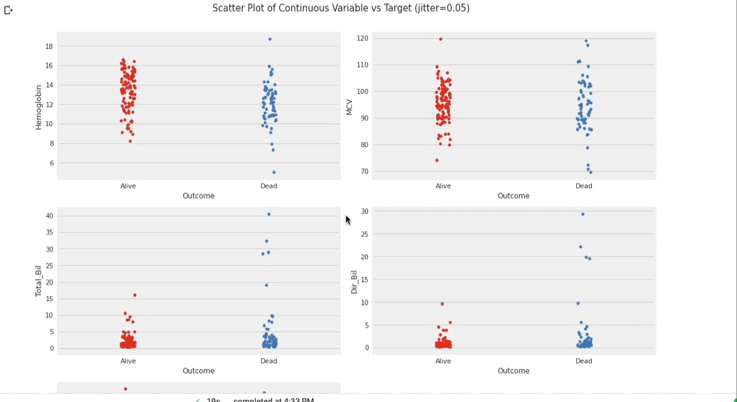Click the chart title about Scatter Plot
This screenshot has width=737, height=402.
[340, 8]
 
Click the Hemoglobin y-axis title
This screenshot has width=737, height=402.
[39, 107]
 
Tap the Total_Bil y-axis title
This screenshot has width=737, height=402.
[39, 281]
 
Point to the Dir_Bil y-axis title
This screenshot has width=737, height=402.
[354, 281]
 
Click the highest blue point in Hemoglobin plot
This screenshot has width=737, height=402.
[270, 40]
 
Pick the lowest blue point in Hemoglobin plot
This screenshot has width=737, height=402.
[274, 172]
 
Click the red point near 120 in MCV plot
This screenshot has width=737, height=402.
[440, 39]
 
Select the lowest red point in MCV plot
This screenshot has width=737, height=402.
[437, 160]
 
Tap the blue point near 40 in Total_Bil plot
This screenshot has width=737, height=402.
[269, 214]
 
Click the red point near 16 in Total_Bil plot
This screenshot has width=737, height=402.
[135, 295]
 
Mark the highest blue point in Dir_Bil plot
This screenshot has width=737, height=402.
[583, 214]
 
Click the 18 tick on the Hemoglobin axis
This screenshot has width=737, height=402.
[49, 46]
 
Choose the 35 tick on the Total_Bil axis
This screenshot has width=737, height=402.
[49, 232]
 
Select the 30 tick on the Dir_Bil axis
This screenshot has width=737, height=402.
[364, 211]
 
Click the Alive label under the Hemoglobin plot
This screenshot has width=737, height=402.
[128, 186]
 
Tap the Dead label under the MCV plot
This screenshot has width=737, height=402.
[584, 186]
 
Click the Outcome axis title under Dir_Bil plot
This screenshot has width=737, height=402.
[513, 371]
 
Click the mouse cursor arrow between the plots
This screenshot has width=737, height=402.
[348, 219]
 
